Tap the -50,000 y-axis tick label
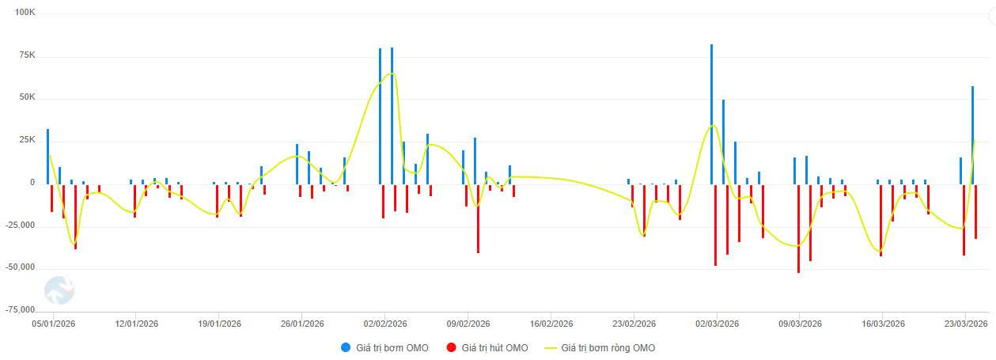[x=20, y=267]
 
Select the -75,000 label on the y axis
[x=20, y=309]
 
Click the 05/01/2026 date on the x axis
[x=54, y=324]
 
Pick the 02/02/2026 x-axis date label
[x=385, y=324]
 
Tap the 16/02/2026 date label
[x=551, y=324]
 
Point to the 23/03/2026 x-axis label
[x=965, y=324]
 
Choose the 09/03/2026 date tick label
[x=800, y=324]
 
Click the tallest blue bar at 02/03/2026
[x=711, y=111]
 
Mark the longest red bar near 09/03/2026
[x=798, y=229]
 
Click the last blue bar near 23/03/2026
[x=972, y=135]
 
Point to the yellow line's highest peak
[x=391, y=74]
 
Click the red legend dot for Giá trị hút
[x=452, y=348]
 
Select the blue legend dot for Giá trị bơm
[x=347, y=348]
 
